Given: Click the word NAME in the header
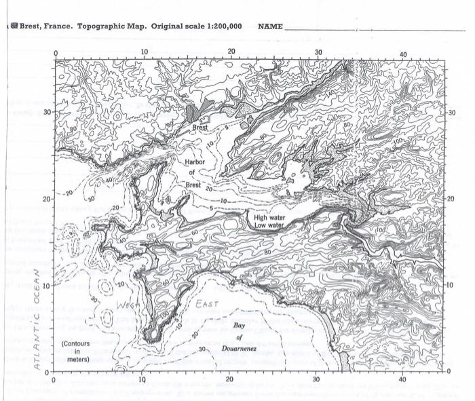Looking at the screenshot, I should pyautogui.click(x=270, y=26).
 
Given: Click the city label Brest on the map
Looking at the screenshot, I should pyautogui.click(x=199, y=127).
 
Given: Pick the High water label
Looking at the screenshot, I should pyautogui.click(x=270, y=218).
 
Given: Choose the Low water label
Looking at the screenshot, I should pyautogui.click(x=269, y=225).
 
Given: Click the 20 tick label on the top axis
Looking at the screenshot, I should pyautogui.click(x=231, y=52).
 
